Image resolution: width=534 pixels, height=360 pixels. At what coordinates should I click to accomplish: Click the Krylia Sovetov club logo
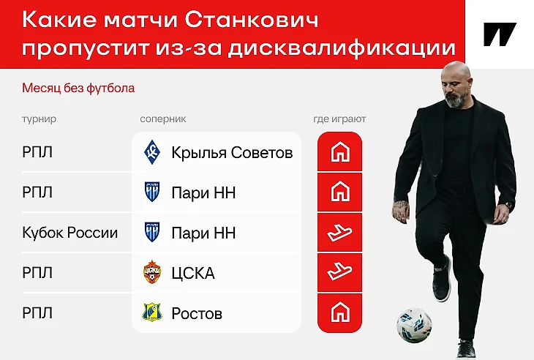tap(152, 152)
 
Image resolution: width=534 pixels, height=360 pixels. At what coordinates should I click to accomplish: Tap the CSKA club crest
tap(152, 272)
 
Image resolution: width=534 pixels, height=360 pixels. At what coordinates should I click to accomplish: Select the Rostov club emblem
tap(152, 312)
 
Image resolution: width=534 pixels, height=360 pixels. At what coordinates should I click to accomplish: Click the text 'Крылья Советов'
tap(232, 153)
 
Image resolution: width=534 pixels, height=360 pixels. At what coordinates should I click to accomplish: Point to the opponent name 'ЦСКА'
tap(193, 273)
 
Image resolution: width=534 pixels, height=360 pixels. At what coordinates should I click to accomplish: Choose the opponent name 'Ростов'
tap(197, 313)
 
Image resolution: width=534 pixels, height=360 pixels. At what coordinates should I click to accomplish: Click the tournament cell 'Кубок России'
tap(69, 233)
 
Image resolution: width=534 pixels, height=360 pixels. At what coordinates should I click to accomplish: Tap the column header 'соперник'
tap(163, 119)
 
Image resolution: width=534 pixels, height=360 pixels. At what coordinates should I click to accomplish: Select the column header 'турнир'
tap(40, 119)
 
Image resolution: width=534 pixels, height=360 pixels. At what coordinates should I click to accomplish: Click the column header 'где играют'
tap(339, 119)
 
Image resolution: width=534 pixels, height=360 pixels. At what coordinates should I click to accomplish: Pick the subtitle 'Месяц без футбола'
tap(78, 89)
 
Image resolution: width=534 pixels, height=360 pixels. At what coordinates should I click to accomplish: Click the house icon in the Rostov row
tap(340, 312)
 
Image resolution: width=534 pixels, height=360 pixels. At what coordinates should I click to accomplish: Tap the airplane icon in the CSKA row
tap(339, 271)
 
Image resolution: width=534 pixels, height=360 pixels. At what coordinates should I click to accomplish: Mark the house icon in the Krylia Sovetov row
tap(340, 152)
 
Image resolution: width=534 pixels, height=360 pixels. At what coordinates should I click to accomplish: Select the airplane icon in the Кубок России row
tap(339, 232)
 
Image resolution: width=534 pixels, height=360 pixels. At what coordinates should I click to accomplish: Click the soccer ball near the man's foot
tap(414, 325)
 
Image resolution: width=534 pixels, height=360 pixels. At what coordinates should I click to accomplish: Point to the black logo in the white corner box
tap(500, 34)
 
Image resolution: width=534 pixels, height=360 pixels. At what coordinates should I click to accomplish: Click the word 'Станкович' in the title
tap(252, 20)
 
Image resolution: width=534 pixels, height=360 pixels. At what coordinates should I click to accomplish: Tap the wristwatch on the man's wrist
tap(508, 205)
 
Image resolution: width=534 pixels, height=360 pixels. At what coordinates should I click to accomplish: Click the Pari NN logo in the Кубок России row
tap(152, 232)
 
